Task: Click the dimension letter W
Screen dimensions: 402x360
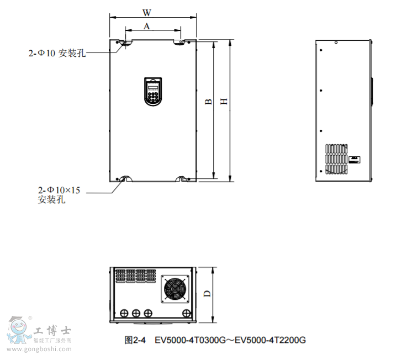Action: click(x=147, y=12)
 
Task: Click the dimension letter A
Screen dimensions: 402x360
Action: click(x=147, y=26)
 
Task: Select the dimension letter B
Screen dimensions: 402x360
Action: click(x=208, y=102)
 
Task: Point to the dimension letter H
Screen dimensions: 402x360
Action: click(x=224, y=102)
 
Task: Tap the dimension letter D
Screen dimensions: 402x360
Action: click(x=207, y=294)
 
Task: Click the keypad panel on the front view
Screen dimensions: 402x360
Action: click(x=153, y=92)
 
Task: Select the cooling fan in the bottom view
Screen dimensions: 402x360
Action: click(x=175, y=289)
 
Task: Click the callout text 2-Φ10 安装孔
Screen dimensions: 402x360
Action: click(x=57, y=53)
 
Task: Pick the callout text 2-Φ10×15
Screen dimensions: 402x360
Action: click(x=59, y=190)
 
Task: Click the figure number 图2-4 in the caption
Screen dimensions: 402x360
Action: click(x=135, y=340)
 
